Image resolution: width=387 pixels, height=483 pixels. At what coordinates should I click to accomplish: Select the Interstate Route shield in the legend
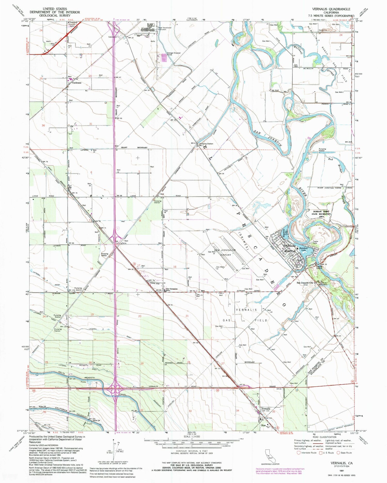point(299,453)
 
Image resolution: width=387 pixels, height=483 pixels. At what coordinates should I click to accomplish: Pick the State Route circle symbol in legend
point(338,453)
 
